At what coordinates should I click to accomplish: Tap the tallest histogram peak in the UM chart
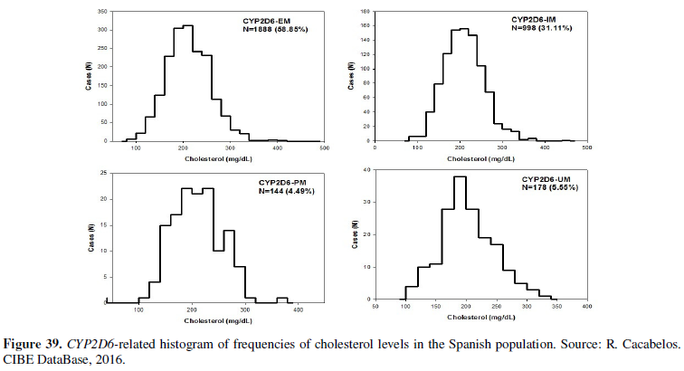pyautogui.click(x=459, y=176)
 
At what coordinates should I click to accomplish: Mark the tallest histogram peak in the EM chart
pyautogui.click(x=187, y=25)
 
